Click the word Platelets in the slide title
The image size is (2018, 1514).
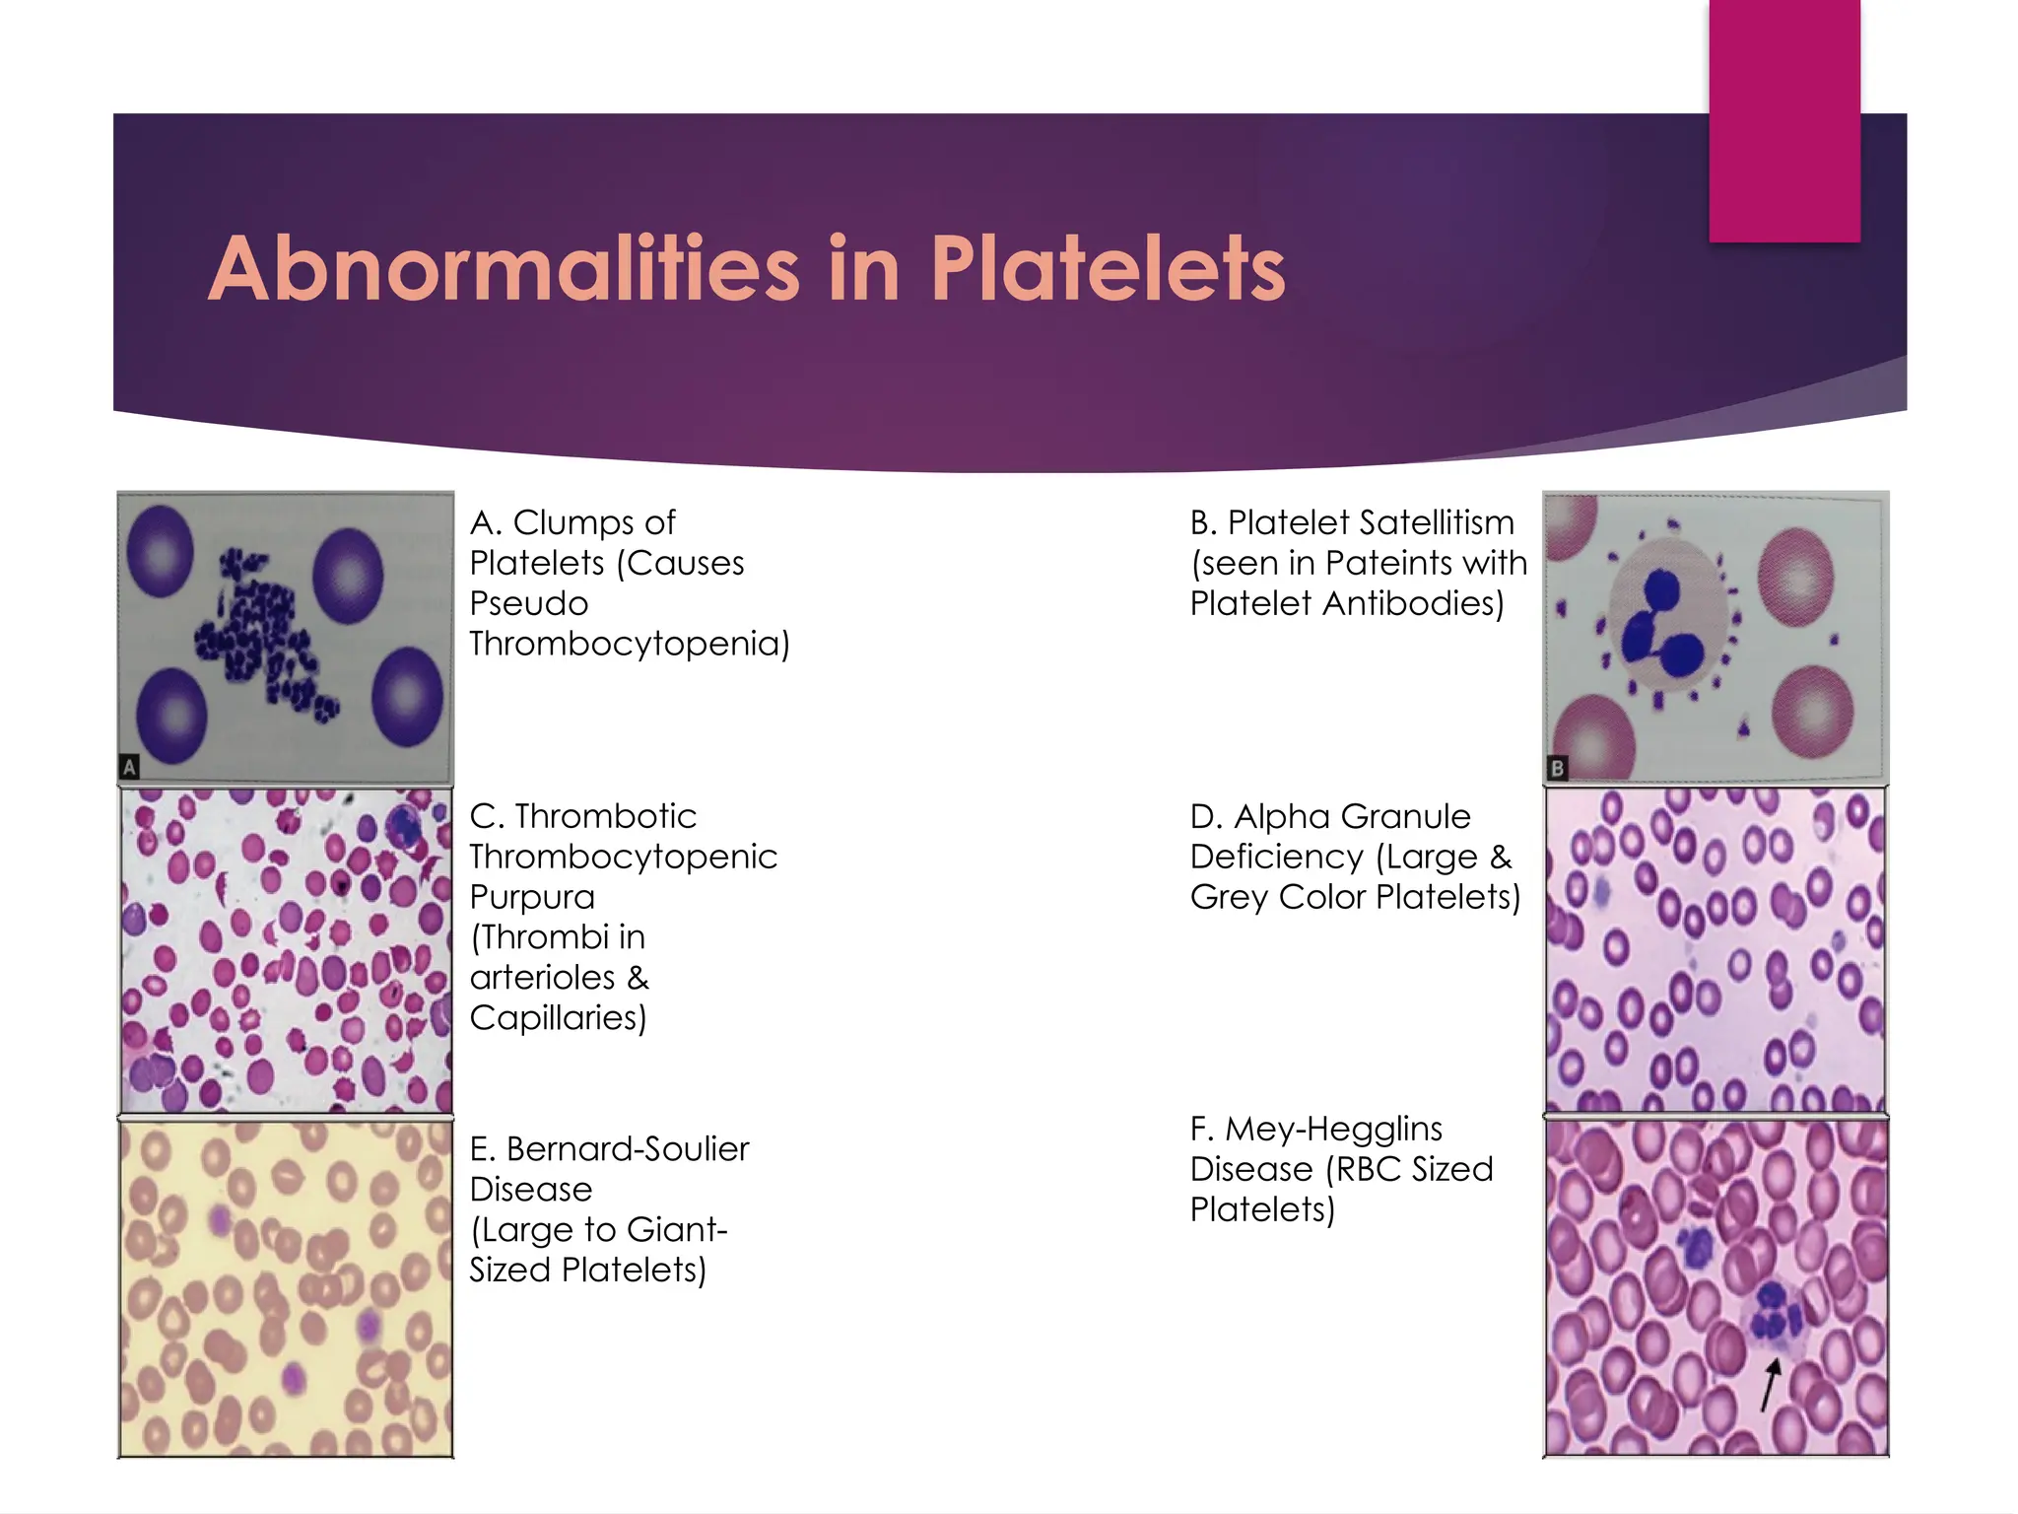[1108, 269]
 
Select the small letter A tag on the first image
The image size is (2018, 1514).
[129, 766]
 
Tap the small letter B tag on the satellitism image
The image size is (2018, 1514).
[1557, 768]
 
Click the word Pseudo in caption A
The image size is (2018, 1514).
[528, 603]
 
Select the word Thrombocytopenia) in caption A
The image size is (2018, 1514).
[629, 644]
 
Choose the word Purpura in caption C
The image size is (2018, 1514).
[532, 897]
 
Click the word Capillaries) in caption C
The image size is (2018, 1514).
[558, 1017]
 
